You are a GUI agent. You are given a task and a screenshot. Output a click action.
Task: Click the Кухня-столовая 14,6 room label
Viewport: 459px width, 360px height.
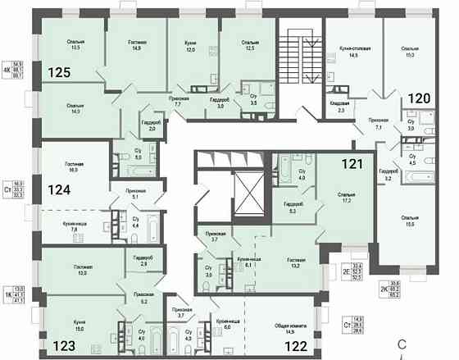coord(354,52)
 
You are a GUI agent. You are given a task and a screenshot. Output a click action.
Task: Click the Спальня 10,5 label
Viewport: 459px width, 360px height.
coord(80,45)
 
